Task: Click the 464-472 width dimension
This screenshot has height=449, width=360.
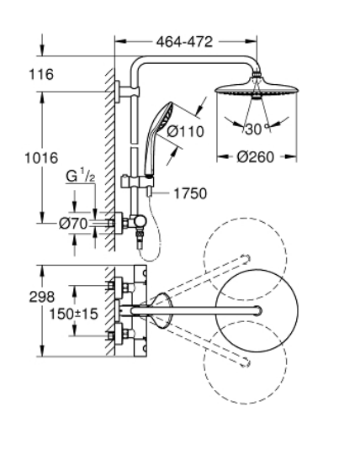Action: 184,42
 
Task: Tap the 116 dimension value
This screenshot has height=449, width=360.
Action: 41,75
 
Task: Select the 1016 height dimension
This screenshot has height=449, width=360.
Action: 41,158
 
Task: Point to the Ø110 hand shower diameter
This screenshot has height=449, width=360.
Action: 185,131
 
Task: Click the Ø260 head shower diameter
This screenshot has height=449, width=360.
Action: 256,157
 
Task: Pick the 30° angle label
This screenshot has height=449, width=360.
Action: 257,129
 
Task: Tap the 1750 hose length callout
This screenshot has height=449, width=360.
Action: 190,193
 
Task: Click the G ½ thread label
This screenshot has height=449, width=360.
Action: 80,176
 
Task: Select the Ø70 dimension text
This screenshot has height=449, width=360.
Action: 73,224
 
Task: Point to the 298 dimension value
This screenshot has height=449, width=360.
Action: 42,297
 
